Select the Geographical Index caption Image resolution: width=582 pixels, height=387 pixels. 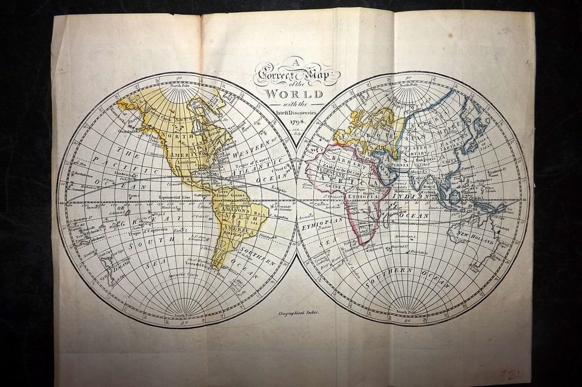click(299, 313)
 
